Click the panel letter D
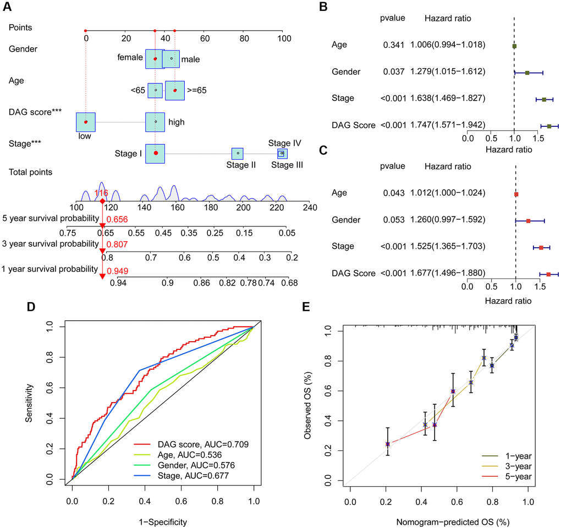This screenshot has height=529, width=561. [x=31, y=306]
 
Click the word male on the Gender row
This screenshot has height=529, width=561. [x=191, y=59]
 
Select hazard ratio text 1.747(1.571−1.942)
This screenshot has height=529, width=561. [x=447, y=125]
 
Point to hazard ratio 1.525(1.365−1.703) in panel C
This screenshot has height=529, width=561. [x=447, y=246]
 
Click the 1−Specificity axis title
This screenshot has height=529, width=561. [x=163, y=520]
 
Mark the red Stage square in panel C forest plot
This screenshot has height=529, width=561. [x=541, y=248]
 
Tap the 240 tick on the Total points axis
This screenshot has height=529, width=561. [x=310, y=208]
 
